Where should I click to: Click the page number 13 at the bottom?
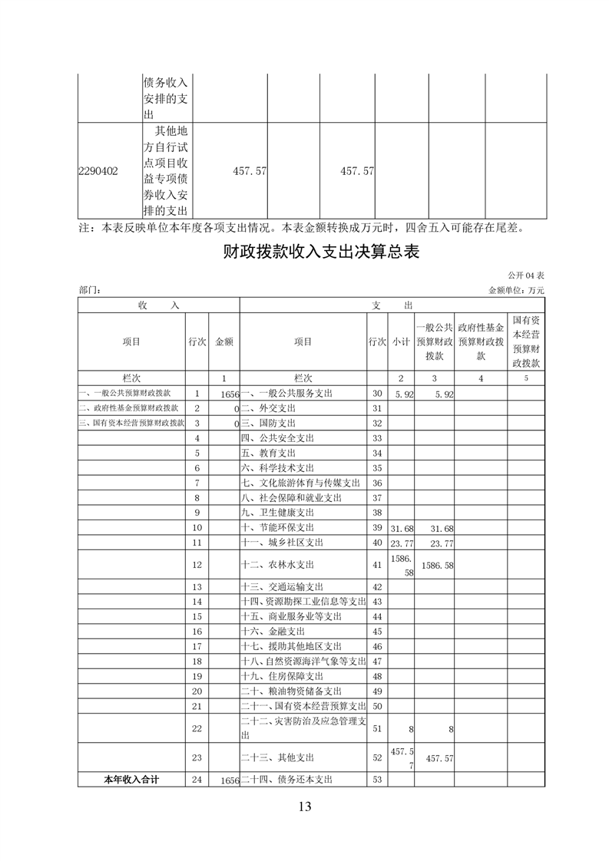point(304,807)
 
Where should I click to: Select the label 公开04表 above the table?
point(525,275)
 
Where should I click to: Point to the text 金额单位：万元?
point(515,291)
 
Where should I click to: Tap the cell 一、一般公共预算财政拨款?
point(129,394)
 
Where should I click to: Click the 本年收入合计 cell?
point(131,780)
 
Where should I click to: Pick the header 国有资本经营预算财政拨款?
point(526,341)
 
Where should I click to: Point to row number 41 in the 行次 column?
point(377,565)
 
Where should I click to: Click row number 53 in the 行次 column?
point(377,780)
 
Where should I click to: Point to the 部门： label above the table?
point(90,291)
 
